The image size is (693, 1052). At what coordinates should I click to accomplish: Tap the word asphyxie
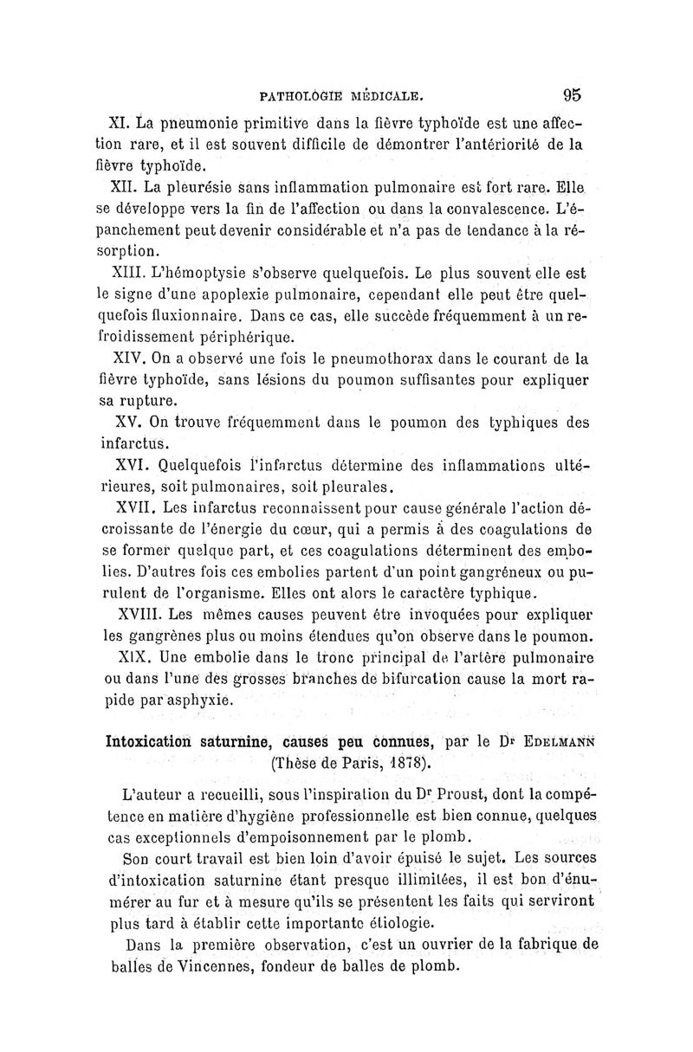202,700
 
